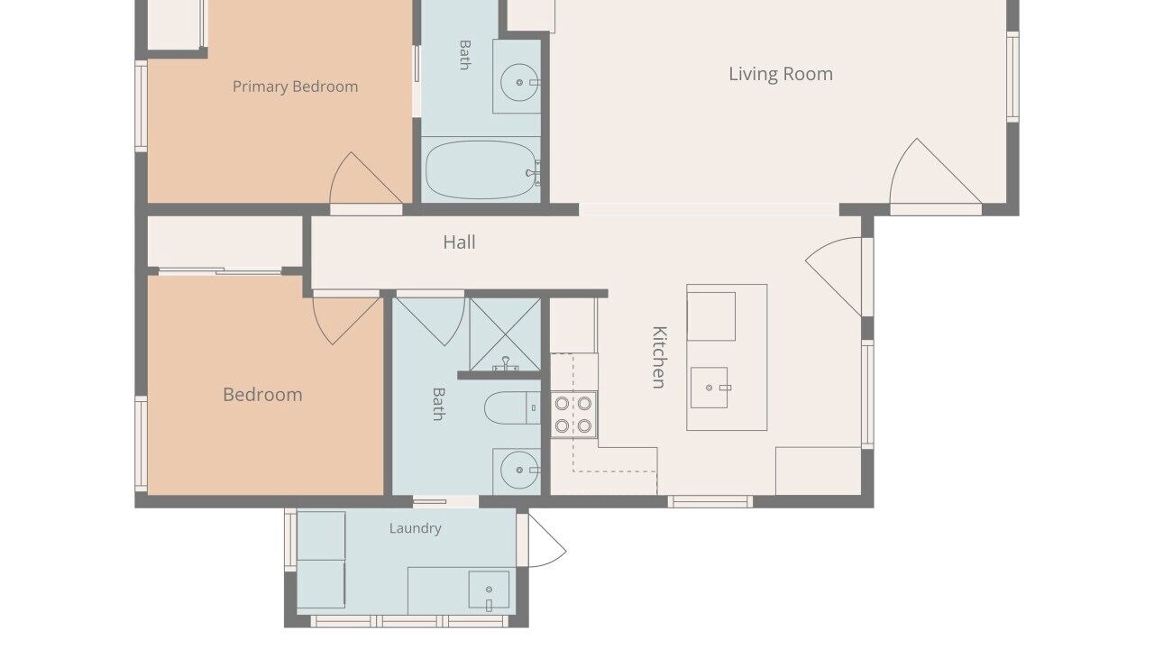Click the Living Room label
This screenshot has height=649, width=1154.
coord(781,74)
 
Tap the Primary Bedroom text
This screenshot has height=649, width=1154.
coord(295,87)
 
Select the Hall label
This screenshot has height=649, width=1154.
coord(459,242)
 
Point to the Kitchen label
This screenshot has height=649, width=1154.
coord(659,357)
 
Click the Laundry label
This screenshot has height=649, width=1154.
coord(416,528)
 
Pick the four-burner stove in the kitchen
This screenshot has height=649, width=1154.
coord(573,415)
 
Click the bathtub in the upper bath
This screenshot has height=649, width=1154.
coord(482,169)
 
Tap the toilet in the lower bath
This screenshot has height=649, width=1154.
coord(512,408)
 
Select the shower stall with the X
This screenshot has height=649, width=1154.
coord(505,334)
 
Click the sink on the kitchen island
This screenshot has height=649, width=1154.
coord(710,388)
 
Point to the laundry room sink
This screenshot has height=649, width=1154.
coord(489,590)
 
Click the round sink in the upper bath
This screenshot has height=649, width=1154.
coord(519,82)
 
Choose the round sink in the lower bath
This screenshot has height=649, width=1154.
coord(519,470)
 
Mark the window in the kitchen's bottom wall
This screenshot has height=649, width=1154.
coord(710,502)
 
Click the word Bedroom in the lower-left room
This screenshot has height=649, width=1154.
coord(262,395)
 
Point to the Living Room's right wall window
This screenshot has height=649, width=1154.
coord(1012,78)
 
